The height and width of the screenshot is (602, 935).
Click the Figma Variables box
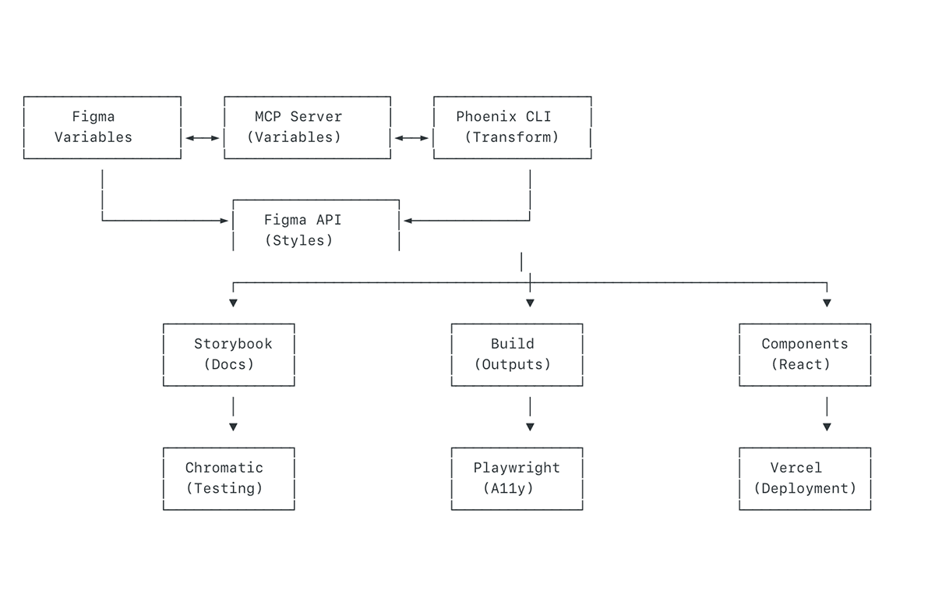click(x=102, y=127)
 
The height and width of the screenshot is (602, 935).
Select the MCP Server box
click(x=307, y=127)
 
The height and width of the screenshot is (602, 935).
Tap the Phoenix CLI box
click(x=512, y=127)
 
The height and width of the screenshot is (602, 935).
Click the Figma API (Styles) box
click(x=316, y=230)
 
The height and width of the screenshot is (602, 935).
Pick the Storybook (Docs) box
click(x=229, y=354)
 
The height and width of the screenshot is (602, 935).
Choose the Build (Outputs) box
click(x=517, y=354)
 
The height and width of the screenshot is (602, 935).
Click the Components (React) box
click(x=804, y=354)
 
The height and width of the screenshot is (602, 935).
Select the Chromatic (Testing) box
click(x=229, y=478)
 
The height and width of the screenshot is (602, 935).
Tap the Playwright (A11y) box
click(x=517, y=478)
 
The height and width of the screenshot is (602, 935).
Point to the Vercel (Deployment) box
click(x=804, y=478)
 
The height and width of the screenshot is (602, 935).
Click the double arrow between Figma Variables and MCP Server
click(x=203, y=138)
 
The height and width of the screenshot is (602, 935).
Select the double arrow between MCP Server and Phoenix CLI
click(x=411, y=138)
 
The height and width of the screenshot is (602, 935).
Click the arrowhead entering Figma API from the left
click(x=225, y=221)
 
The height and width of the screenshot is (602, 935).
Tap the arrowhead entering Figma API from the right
click(x=407, y=221)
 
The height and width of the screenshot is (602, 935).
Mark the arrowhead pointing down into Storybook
click(x=233, y=303)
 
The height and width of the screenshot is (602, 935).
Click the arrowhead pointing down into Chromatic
click(x=233, y=427)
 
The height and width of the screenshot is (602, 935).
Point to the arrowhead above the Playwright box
click(x=530, y=427)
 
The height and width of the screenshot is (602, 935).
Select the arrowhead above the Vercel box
click(x=827, y=427)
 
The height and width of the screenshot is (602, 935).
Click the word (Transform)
click(x=512, y=137)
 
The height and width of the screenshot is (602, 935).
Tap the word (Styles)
click(x=298, y=240)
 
